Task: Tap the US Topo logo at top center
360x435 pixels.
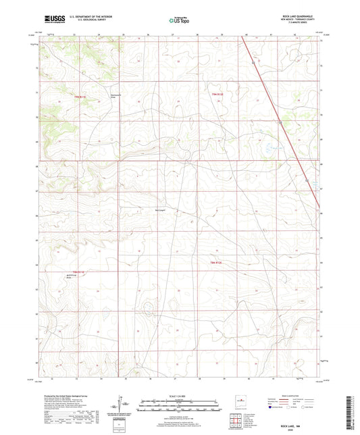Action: (179, 20)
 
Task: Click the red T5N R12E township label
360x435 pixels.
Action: (217, 94)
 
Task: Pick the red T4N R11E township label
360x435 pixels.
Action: (79, 271)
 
